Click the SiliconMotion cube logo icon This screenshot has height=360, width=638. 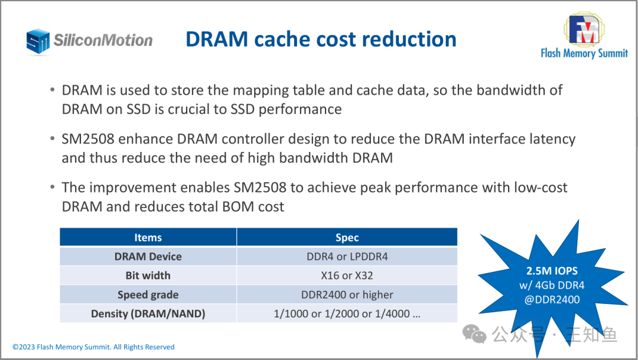tap(38, 41)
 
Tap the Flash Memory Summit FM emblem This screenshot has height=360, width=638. tap(584, 29)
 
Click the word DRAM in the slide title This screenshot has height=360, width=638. tap(217, 39)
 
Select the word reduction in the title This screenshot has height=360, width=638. tap(409, 39)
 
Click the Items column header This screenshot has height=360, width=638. tap(148, 238)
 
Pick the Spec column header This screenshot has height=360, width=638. tap(347, 238)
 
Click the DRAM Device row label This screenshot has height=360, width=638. tap(148, 257)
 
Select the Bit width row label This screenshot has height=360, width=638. tap(148, 275)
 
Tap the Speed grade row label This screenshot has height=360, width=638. tap(148, 294)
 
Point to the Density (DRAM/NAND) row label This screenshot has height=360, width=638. tap(148, 313)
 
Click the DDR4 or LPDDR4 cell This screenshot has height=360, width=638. tap(347, 257)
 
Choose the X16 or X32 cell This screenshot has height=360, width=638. tap(347, 275)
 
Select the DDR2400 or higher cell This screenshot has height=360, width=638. tap(347, 294)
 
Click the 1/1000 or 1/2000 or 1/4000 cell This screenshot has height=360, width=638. tap(347, 313)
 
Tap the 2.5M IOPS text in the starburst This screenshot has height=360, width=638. tap(552, 271)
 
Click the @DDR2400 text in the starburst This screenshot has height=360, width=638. tap(552, 300)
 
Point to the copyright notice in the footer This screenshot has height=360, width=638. tap(93, 347)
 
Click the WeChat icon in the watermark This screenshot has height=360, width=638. tap(474, 334)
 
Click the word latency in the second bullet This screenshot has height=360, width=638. tap(552, 140)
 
